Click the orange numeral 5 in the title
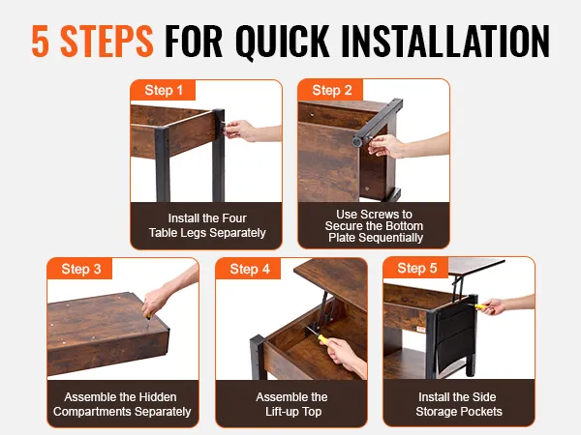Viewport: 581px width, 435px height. pyautogui.click(x=41, y=41)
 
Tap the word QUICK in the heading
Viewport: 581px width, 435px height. pyautogui.click(x=283, y=42)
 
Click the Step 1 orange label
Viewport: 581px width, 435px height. pyautogui.click(x=163, y=90)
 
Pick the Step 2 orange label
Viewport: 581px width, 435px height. pyautogui.click(x=331, y=90)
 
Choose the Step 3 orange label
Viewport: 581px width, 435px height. pyautogui.click(x=80, y=269)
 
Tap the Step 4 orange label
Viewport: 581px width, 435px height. pyautogui.click(x=249, y=269)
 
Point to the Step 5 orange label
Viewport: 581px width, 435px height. pyautogui.click(x=416, y=268)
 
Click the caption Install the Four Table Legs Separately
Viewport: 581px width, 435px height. pyautogui.click(x=207, y=225)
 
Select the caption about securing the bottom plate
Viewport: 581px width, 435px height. pyautogui.click(x=374, y=225)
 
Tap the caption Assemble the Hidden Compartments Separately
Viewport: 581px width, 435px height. pyautogui.click(x=122, y=404)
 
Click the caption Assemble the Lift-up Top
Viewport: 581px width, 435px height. pyautogui.click(x=291, y=404)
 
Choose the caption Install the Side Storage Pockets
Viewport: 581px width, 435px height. pyautogui.click(x=458, y=404)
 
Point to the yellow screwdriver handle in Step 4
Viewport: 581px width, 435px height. pyautogui.click(x=323, y=339)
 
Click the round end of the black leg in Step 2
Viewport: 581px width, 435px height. pyautogui.click(x=356, y=141)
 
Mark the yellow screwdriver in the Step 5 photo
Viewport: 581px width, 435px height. pyautogui.click(x=479, y=306)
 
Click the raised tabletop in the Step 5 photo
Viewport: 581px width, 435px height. pyautogui.click(x=476, y=267)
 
